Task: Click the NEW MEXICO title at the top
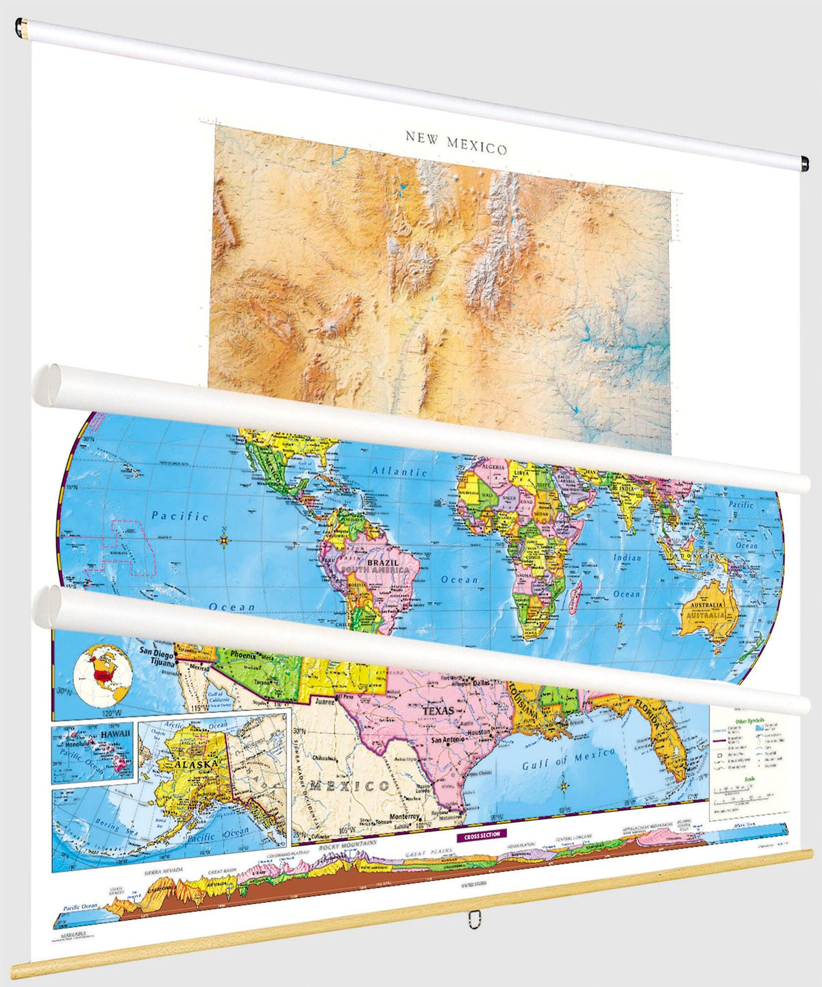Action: [x=456, y=142]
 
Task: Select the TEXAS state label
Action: [x=438, y=711]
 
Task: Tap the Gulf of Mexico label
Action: [x=569, y=758]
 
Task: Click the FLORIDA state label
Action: [x=646, y=712]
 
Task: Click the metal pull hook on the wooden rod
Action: [x=473, y=919]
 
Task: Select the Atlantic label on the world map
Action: [x=399, y=471]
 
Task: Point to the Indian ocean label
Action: [x=627, y=558]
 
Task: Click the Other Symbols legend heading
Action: [x=749, y=721]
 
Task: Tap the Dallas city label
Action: [x=482, y=683]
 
